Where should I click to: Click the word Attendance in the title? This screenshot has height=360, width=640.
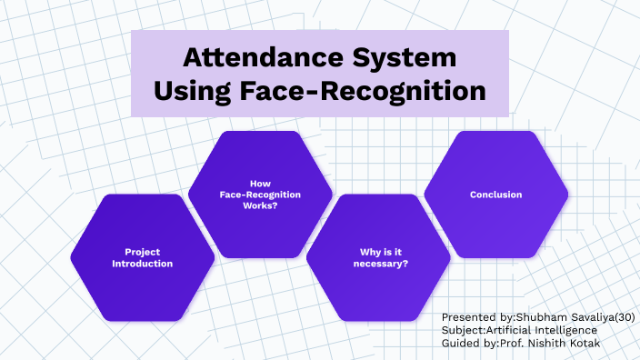pos(262,57)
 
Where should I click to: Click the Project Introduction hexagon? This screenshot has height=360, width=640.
pos(143,257)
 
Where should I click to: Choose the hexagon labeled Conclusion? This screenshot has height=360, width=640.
pos(496,195)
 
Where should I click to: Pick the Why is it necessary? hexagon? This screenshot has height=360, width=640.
pos(379,257)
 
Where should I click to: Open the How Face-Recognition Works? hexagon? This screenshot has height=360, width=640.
pos(261,195)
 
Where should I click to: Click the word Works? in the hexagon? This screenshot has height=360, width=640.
pos(261,206)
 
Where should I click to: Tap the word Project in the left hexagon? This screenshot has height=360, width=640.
pos(143,251)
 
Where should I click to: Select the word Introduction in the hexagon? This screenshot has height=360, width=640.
pos(143,264)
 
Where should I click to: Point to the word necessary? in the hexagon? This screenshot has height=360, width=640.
pos(380,264)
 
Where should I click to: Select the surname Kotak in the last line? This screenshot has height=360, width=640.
pos(592,343)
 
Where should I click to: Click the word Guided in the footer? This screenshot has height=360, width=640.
pos(461,343)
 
